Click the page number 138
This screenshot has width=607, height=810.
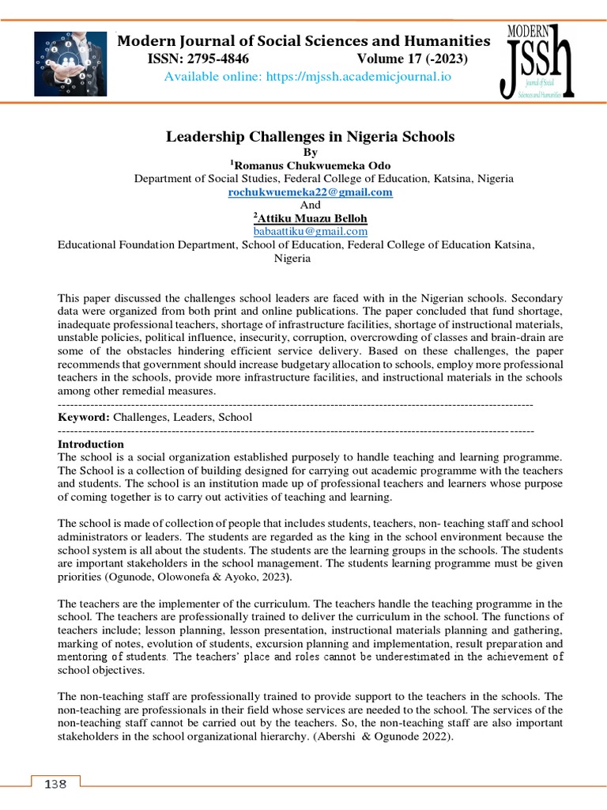point(55,784)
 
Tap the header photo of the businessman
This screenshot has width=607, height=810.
point(70,64)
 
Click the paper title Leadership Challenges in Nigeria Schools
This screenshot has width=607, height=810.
point(310,137)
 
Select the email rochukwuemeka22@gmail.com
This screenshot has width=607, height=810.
point(310,192)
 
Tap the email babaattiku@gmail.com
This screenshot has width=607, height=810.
point(310,231)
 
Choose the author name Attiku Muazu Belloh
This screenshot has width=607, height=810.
point(313,218)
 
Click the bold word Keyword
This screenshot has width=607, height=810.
point(84,416)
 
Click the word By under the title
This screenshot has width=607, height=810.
point(310,152)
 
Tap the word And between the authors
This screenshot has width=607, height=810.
point(310,205)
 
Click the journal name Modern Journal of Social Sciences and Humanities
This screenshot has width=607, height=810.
point(303,41)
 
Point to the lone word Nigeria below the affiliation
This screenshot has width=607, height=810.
point(292,258)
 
